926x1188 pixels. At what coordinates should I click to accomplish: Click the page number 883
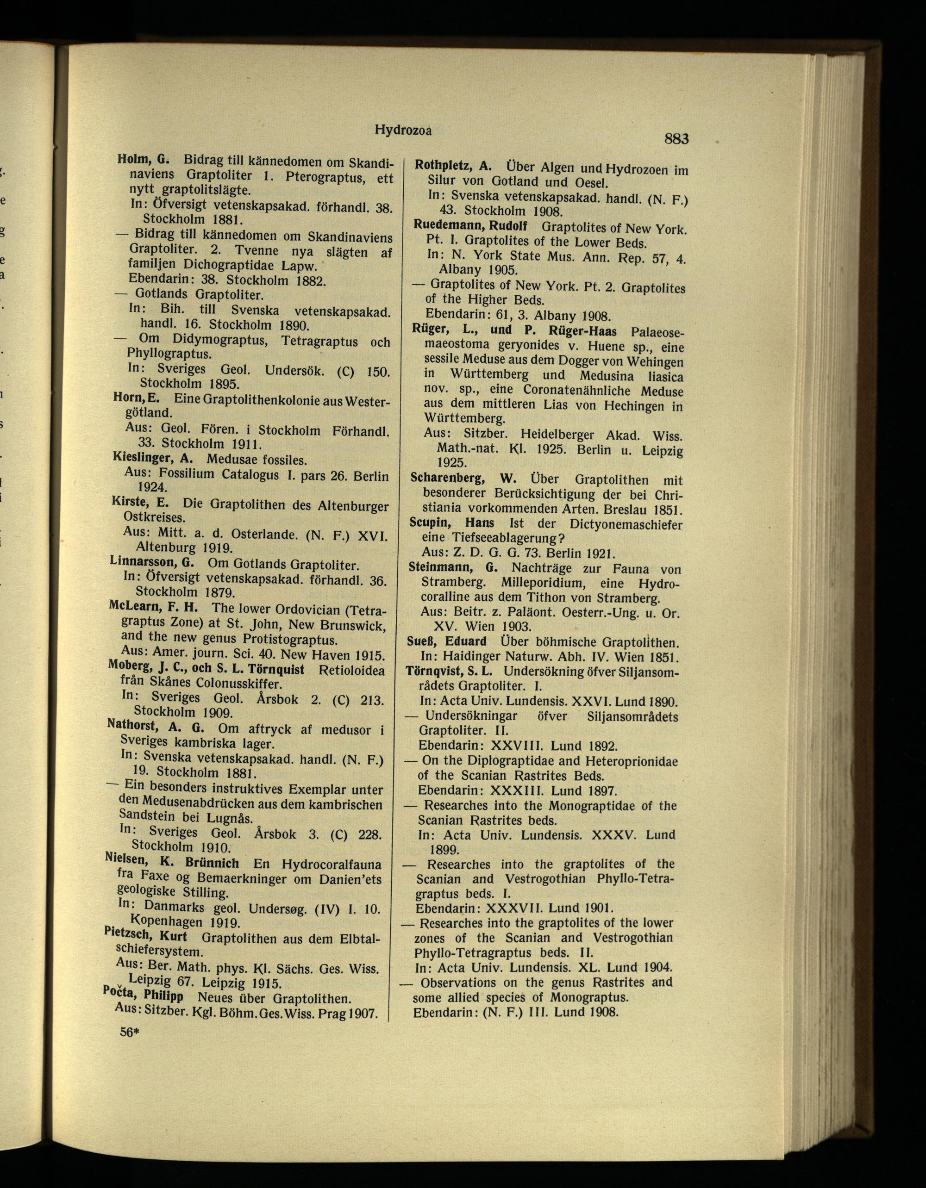676,139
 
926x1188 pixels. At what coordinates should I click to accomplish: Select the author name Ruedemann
446,225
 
